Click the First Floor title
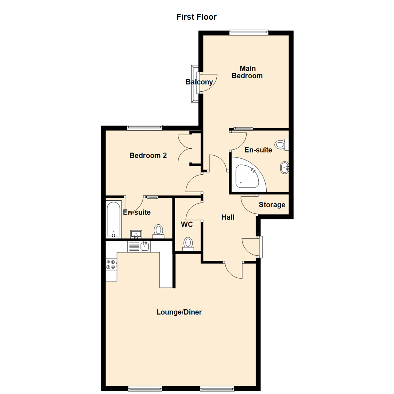pyautogui.click(x=197, y=17)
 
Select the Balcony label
pyautogui.click(x=199, y=82)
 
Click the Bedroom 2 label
pyautogui.click(x=148, y=155)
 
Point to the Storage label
pyautogui.click(x=272, y=205)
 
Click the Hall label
pyautogui.click(x=228, y=217)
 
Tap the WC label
pyautogui.click(x=187, y=224)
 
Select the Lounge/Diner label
pyautogui.click(x=179, y=312)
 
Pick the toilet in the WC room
pyautogui.click(x=188, y=243)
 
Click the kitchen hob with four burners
pyautogui.click(x=111, y=264)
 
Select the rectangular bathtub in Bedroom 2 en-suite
pyautogui.click(x=113, y=219)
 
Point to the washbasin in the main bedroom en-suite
pyautogui.click(x=285, y=168)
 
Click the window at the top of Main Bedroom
pyautogui.click(x=249, y=32)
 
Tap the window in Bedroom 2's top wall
pyautogui.click(x=144, y=127)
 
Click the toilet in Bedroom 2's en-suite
pyautogui.click(x=158, y=231)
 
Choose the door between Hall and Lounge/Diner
pyautogui.click(x=233, y=270)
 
